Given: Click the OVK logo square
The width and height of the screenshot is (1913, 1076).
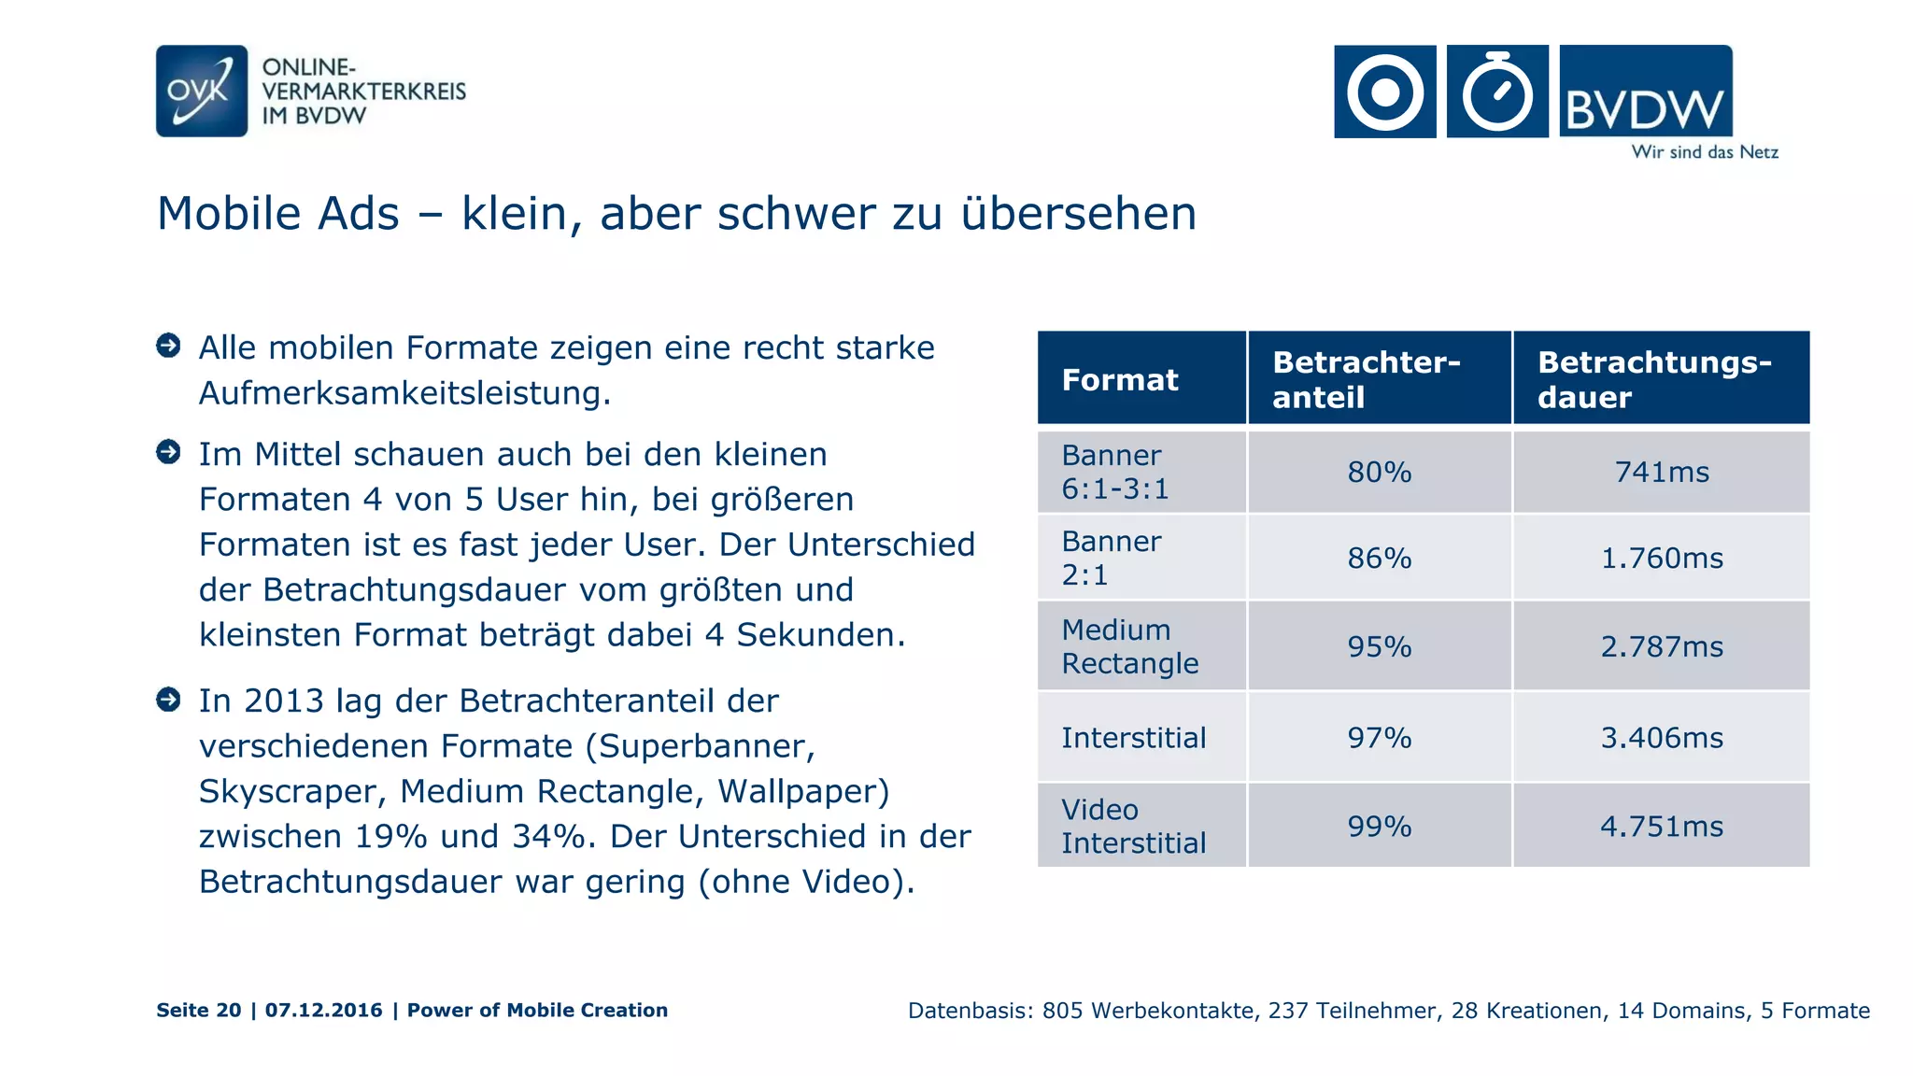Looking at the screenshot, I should pos(202,92).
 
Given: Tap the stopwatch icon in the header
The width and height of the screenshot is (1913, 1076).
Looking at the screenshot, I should pos(1497,92).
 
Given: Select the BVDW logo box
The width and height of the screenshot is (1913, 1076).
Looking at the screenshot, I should pos(1646,92).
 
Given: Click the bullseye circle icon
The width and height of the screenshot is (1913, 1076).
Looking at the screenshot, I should pos(1385,92).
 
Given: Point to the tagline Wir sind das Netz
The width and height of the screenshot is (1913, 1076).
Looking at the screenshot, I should pos(1705,152).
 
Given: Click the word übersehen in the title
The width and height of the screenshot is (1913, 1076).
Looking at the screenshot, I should pos(1079,214).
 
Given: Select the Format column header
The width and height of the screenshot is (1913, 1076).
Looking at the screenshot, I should pos(1120,380).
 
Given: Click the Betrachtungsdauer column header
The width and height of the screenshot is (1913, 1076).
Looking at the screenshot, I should pos(1654,379).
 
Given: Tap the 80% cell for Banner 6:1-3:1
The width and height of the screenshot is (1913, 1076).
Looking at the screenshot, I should pos(1379,473).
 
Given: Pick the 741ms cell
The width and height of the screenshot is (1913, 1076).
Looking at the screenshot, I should pos(1662,473).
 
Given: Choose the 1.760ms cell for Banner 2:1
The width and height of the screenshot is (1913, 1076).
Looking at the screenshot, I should pos(1662,559).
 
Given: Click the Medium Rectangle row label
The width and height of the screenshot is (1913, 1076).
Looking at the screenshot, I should pos(1130,646).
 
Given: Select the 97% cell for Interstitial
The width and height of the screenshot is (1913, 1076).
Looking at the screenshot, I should pos(1379,738).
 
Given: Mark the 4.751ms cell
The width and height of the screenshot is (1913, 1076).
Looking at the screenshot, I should pos(1662,827).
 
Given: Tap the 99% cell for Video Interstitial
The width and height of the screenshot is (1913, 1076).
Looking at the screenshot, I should pos(1379,827).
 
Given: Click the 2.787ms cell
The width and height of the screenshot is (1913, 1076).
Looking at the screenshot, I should pos(1662,647).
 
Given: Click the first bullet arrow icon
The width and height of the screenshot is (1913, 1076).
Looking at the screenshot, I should pos(168,346).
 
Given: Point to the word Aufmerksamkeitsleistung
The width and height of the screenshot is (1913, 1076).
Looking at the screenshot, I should pos(404,394).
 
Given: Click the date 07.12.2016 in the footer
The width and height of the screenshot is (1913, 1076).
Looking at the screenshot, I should pos(323,1011).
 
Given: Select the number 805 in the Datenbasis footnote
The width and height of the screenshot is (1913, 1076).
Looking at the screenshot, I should pos(1061,1011).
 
